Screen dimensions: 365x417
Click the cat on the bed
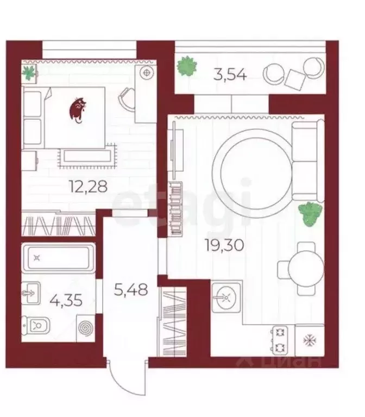click(x=77, y=110)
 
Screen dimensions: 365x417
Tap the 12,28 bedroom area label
click(x=88, y=186)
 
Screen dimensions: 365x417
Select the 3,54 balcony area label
click(x=230, y=74)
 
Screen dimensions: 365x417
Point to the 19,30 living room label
click(x=224, y=245)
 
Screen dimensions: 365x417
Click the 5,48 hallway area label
click(x=131, y=289)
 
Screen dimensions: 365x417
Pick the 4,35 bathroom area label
click(x=66, y=301)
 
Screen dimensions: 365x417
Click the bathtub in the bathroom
click(x=58, y=258)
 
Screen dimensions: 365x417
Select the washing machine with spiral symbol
click(x=85, y=328)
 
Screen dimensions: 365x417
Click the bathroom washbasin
click(x=31, y=293)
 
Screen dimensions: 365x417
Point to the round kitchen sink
click(x=226, y=297)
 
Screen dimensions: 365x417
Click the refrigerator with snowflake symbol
click(x=310, y=340)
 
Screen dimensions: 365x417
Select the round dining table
click(x=305, y=269)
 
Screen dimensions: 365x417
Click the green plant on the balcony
click(x=187, y=66)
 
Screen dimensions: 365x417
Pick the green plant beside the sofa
click(x=310, y=214)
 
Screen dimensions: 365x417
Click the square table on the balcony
click(x=295, y=79)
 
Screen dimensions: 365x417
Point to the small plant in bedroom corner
click(x=29, y=72)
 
